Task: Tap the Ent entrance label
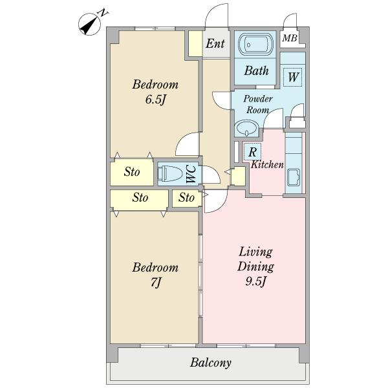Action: click(x=215, y=43)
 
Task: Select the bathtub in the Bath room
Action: click(x=256, y=45)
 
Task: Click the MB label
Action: click(x=290, y=38)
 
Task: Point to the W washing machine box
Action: click(x=293, y=77)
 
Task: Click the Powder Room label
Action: click(x=258, y=104)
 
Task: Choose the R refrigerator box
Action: click(x=252, y=152)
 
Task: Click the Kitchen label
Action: click(x=267, y=164)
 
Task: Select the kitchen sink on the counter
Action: click(x=294, y=177)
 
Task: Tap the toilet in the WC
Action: click(x=170, y=173)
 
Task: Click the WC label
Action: click(x=191, y=174)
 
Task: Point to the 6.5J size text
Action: click(x=155, y=100)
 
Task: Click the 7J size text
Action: click(x=156, y=282)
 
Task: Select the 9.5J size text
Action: click(x=256, y=281)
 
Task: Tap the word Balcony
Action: click(x=211, y=363)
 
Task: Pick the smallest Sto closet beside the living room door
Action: click(x=187, y=198)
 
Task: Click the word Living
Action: click(x=255, y=252)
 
